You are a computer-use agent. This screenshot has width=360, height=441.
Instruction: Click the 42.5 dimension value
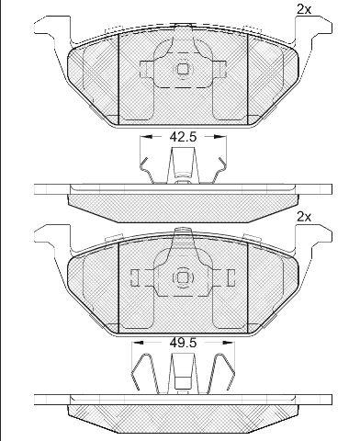(183, 137)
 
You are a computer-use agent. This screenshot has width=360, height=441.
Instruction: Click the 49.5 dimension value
(183, 343)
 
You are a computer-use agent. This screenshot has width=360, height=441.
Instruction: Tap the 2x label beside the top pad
(304, 10)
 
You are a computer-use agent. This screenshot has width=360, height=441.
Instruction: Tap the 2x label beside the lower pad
(304, 218)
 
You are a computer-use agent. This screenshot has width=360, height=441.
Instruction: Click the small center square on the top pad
(183, 69)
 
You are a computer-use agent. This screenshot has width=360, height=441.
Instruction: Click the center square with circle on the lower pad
(183, 277)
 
